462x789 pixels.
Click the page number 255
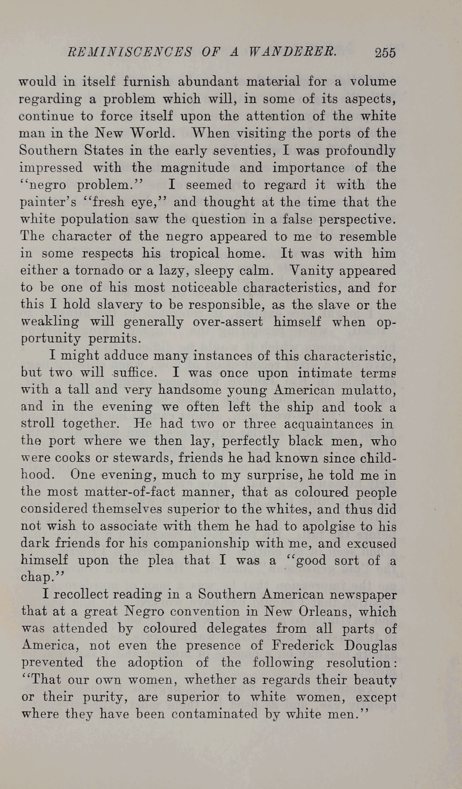[385, 53]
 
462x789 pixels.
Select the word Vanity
[309, 270]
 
